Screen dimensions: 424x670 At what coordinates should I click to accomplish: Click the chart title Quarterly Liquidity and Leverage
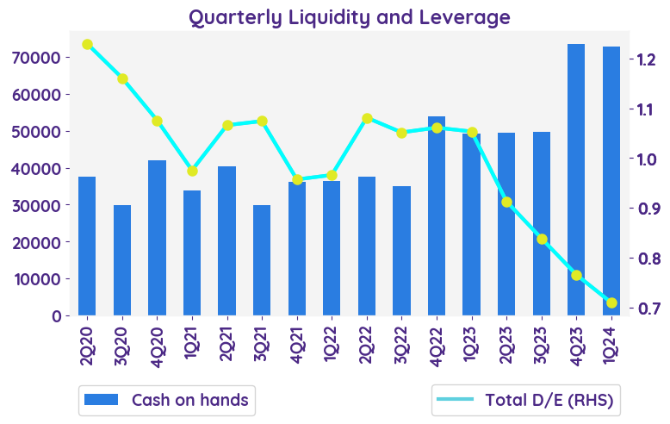click(x=349, y=17)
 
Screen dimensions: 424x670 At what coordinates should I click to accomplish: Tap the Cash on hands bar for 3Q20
click(x=122, y=260)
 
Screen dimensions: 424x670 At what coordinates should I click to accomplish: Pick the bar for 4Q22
click(x=437, y=215)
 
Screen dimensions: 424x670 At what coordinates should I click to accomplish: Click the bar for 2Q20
click(x=87, y=246)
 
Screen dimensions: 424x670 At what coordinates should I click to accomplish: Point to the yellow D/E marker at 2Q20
click(x=87, y=44)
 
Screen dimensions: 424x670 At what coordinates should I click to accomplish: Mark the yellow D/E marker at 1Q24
click(x=611, y=302)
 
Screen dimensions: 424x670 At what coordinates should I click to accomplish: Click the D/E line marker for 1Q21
click(x=192, y=171)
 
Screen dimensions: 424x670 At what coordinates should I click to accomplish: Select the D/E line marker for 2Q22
click(x=367, y=118)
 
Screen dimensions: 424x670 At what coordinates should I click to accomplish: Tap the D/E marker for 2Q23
click(x=506, y=202)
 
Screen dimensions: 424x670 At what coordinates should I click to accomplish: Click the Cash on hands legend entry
click(x=166, y=400)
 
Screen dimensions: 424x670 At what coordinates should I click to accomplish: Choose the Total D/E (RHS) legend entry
click(x=527, y=400)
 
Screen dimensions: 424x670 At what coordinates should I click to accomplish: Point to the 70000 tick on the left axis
click(x=37, y=58)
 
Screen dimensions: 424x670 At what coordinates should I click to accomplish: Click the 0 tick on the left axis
click(x=55, y=315)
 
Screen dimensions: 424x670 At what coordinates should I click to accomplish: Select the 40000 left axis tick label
click(x=37, y=168)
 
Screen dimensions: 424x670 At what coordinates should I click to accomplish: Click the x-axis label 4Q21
click(x=297, y=342)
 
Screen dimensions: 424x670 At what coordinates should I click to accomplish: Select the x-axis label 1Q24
click(x=611, y=342)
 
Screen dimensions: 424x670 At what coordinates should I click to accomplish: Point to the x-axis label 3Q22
click(x=402, y=342)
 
